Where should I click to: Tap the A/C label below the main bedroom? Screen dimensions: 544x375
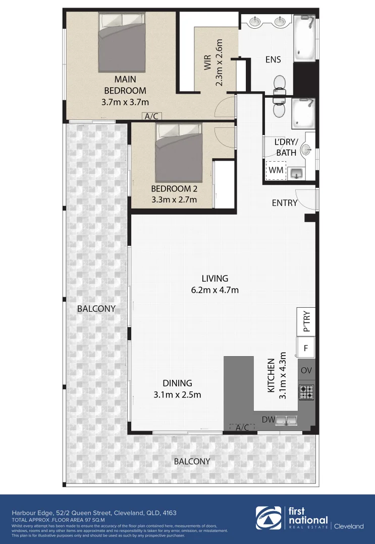pos(151,116)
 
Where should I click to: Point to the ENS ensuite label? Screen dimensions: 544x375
pos(273,59)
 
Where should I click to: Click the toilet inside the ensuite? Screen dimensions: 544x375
pos(279,84)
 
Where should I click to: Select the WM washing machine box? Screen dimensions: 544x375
pos(276,170)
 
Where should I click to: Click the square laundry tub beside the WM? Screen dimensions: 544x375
pos(296,173)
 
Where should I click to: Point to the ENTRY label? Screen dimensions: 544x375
pos(285,203)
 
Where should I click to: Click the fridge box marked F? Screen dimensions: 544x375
pos(306,348)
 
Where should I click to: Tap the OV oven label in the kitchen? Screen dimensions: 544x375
pos(306,370)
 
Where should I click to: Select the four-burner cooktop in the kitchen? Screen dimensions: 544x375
pos(306,391)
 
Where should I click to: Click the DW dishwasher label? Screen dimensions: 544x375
pos(267,420)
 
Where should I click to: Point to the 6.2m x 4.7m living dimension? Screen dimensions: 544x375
pos(215,290)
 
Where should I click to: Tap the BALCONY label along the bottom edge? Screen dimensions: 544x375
pos(192,461)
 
